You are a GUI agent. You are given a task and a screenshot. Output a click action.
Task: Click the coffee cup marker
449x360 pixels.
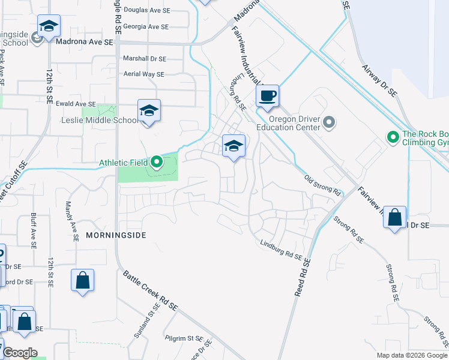(268, 96)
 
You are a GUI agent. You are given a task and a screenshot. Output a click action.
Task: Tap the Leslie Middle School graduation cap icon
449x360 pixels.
(149, 111)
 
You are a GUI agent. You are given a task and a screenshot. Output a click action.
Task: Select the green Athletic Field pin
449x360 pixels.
(157, 162)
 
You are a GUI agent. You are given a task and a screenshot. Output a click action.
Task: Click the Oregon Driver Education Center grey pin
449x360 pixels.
(328, 123)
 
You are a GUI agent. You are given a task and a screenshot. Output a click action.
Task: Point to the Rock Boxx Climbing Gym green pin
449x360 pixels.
(393, 138)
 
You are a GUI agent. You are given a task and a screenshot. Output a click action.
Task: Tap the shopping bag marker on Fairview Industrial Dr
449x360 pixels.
(395, 218)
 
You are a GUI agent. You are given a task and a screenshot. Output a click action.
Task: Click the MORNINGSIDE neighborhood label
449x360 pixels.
(116, 235)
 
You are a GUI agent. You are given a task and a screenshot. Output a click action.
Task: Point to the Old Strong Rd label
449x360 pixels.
(322, 186)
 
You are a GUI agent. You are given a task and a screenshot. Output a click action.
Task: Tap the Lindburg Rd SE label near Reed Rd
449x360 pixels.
(280, 250)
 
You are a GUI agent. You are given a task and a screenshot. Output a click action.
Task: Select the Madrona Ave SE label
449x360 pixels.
(84, 43)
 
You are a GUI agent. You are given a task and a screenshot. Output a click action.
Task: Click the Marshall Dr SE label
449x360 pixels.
(144, 59)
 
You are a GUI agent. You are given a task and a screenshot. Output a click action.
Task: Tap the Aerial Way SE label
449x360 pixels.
(143, 74)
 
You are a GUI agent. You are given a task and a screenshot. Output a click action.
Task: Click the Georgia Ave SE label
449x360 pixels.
(149, 27)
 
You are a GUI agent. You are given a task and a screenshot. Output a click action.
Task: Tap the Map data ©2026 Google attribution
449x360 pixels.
(412, 355)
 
